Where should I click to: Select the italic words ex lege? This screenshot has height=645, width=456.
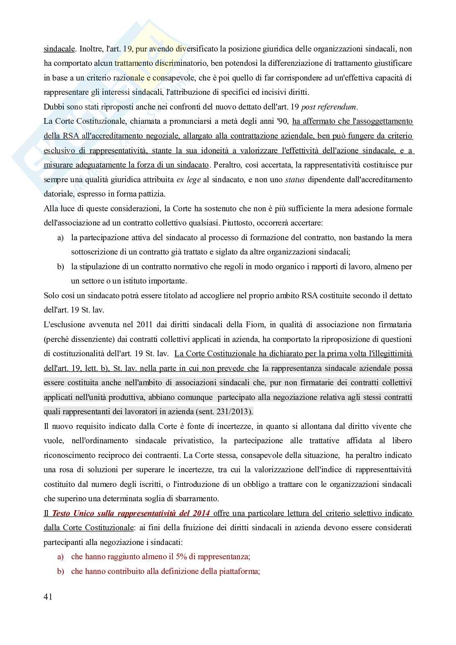(x=188, y=180)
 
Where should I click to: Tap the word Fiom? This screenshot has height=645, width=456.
(x=235, y=325)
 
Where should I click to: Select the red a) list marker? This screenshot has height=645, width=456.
(x=60, y=556)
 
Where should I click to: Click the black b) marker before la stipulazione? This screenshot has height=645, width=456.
(x=60, y=267)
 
